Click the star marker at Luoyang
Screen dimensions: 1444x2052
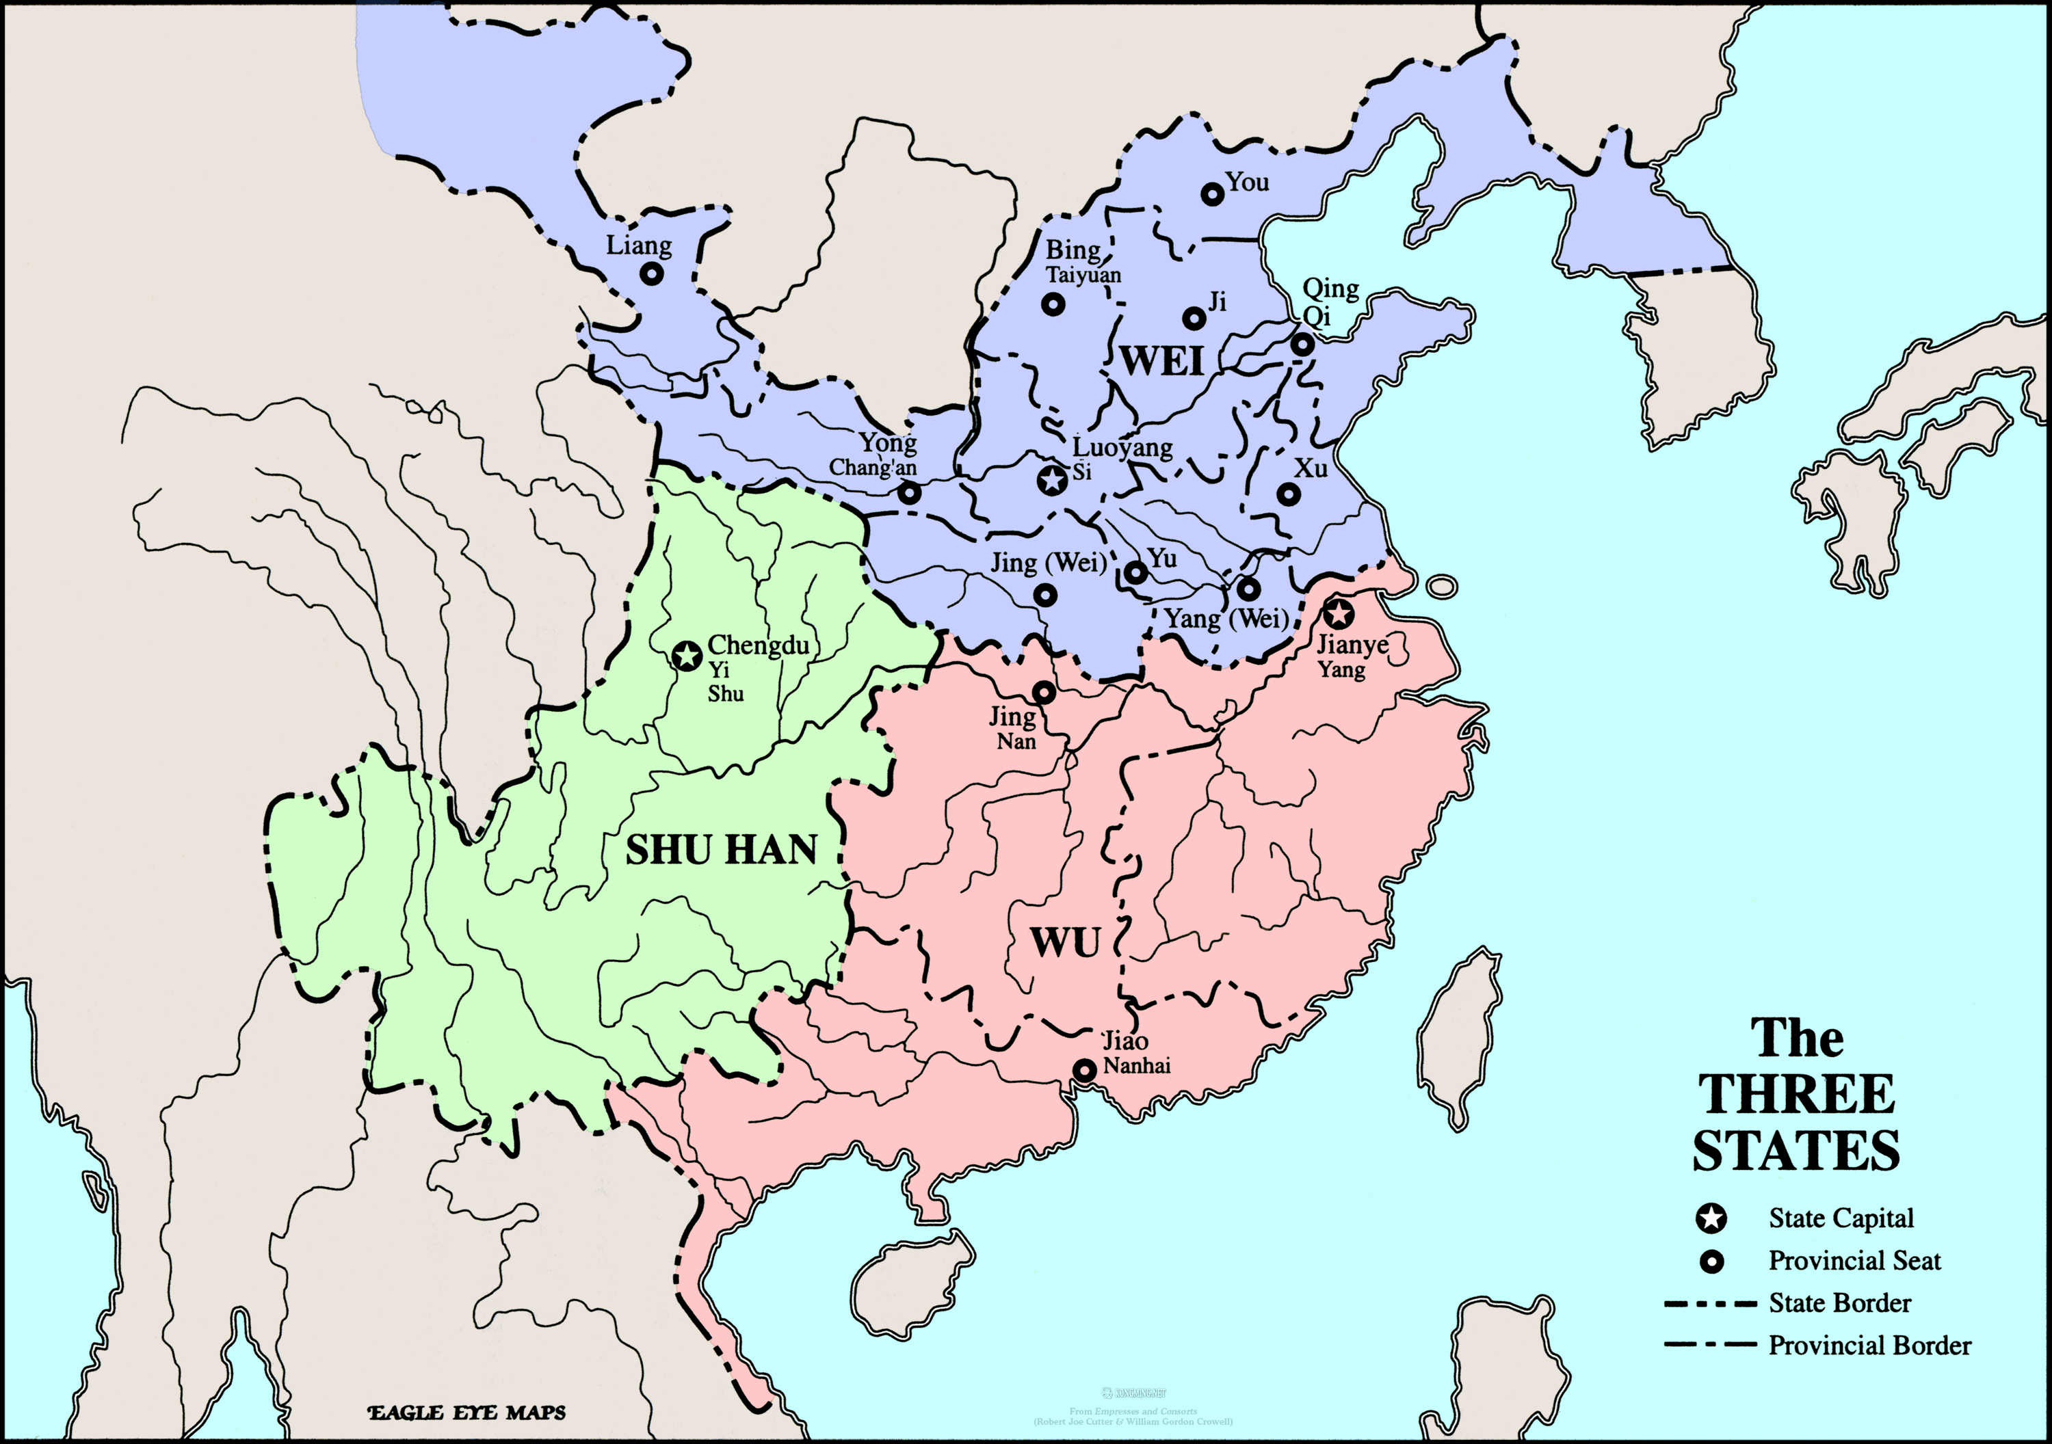point(1053,480)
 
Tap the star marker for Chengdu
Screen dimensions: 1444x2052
point(686,656)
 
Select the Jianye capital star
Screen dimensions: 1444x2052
point(1338,614)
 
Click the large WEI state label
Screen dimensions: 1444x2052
point(1162,361)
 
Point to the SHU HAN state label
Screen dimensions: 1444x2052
point(721,850)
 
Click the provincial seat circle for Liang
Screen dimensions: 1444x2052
point(653,273)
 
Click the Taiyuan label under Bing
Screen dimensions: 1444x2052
point(1083,276)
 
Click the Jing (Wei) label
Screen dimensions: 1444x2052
point(1049,563)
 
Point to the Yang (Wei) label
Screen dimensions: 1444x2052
point(1226,618)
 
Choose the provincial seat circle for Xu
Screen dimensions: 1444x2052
point(1288,493)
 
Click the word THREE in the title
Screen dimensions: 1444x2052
point(1796,1095)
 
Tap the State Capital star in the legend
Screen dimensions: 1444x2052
point(1711,1218)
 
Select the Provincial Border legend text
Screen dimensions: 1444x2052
point(1869,1345)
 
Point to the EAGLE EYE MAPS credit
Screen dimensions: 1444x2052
point(467,1413)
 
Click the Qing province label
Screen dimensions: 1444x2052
point(1330,289)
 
